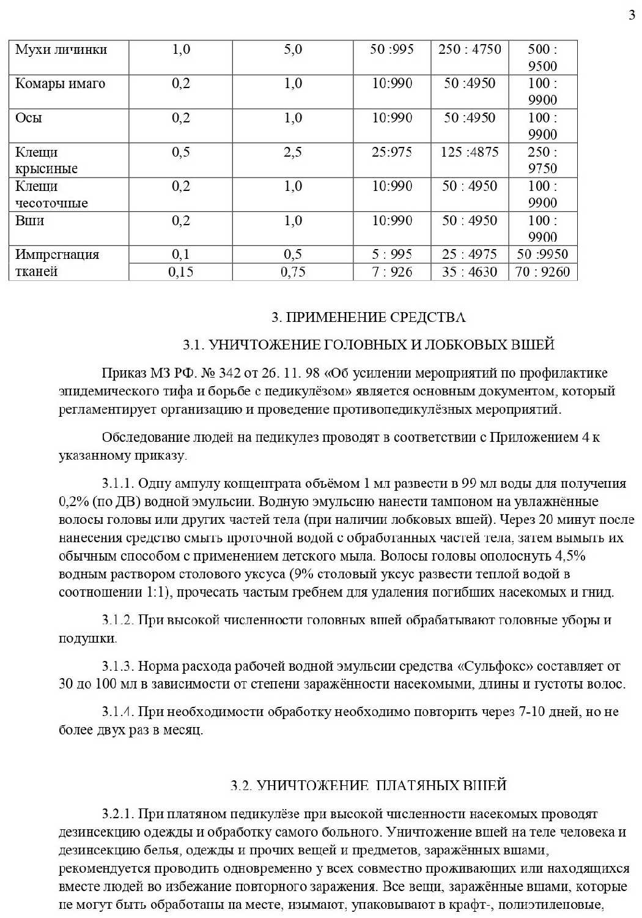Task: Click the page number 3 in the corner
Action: click(632, 15)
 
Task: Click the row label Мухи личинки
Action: click(61, 50)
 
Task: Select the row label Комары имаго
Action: click(60, 84)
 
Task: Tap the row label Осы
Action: click(29, 118)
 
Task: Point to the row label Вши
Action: click(29, 221)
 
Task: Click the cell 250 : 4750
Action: click(470, 50)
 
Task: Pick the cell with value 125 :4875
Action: click(470, 152)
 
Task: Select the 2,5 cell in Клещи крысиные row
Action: click(293, 152)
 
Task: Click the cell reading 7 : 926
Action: click(392, 272)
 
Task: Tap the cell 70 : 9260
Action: click(542, 272)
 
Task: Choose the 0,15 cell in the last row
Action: click(180, 272)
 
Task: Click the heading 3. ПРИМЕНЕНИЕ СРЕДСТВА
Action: click(369, 317)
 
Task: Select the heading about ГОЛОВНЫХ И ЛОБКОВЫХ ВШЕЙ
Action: click(369, 345)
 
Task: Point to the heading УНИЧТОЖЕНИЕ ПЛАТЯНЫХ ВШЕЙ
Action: click(369, 785)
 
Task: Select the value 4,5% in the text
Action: click(570, 556)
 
